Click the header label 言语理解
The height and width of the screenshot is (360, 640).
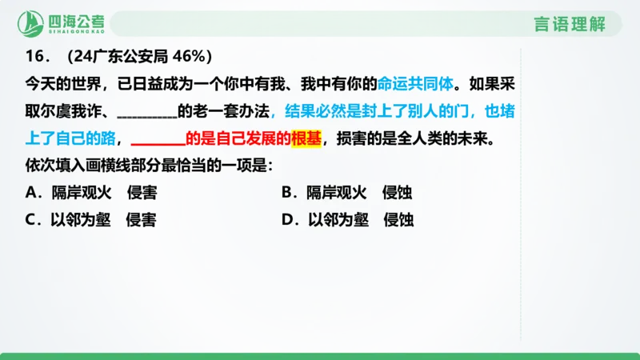(x=570, y=24)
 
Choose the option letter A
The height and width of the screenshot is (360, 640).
(x=33, y=192)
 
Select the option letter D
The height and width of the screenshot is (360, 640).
(x=289, y=220)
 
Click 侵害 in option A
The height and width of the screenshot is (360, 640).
(x=141, y=192)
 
